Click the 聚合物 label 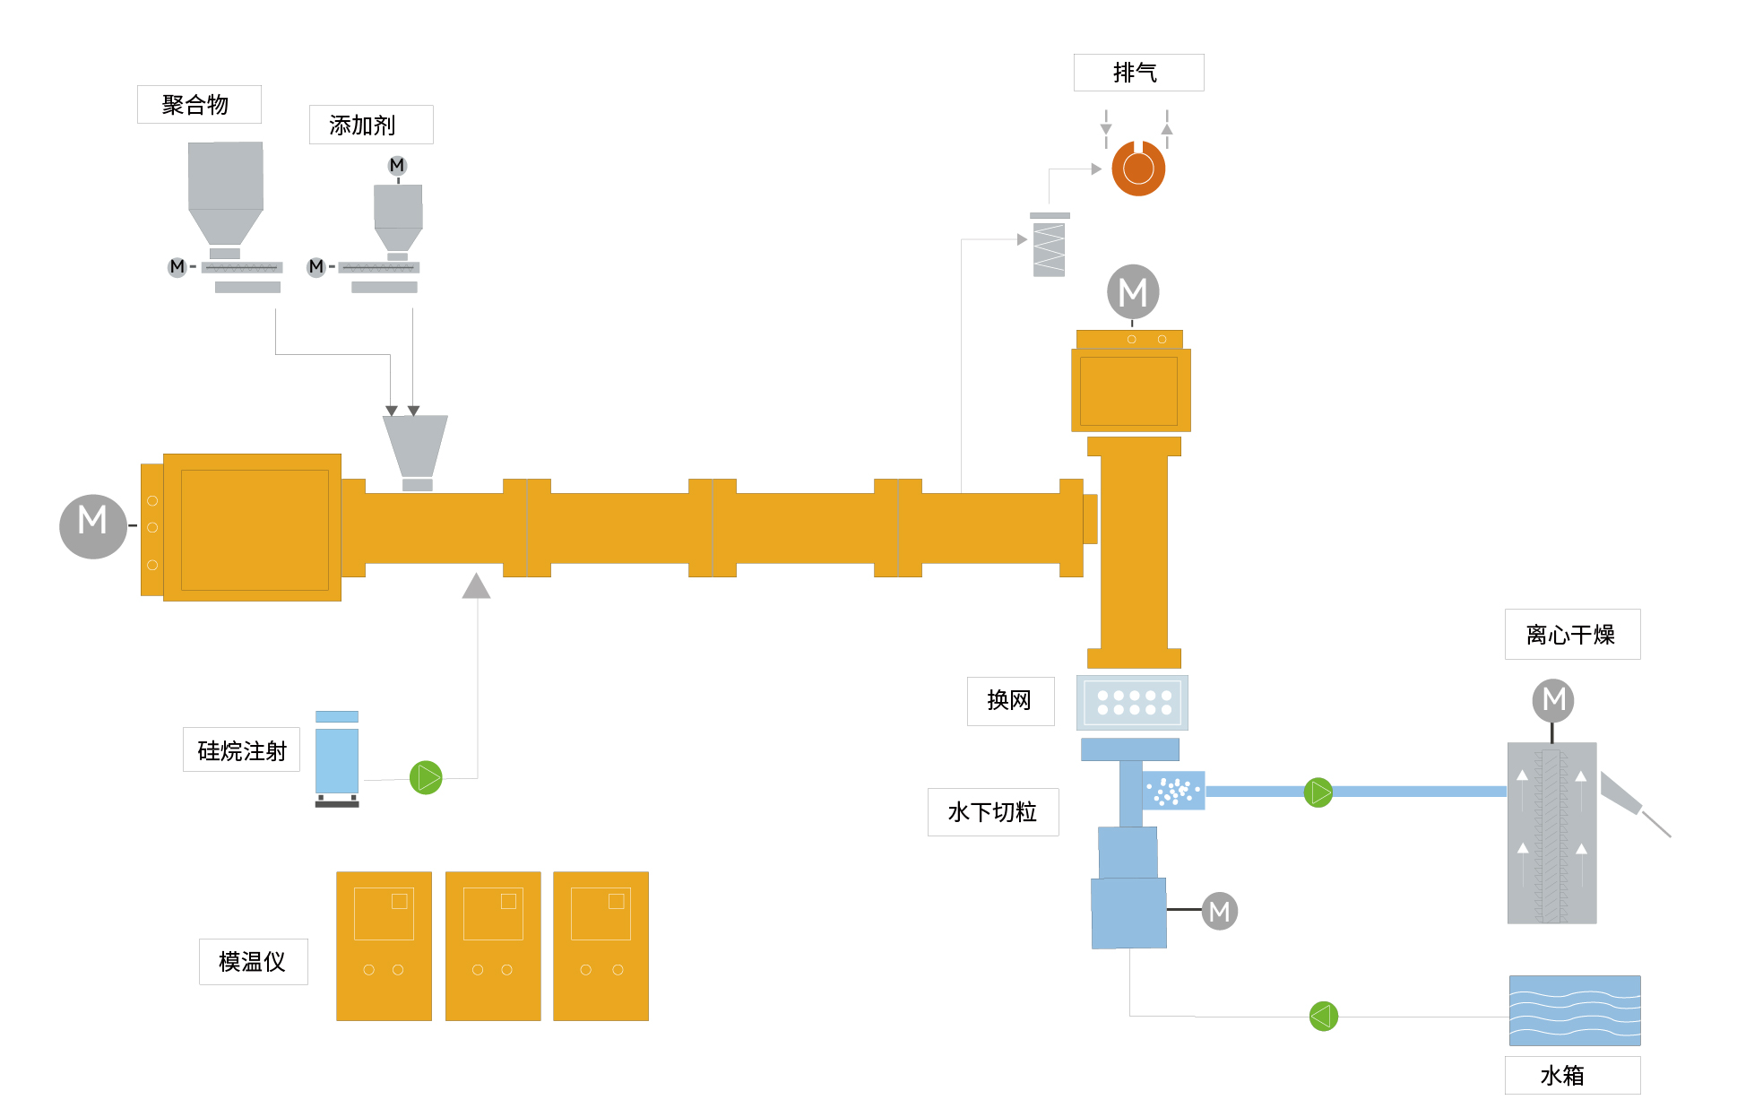pos(198,105)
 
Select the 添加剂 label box pos(370,125)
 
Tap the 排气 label pos(1137,73)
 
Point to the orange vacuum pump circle pos(1138,169)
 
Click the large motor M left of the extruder pos(92,525)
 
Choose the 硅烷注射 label pos(241,750)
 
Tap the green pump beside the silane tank pos(426,777)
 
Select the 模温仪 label pos(253,962)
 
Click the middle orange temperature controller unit pos(493,946)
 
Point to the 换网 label pos(1010,701)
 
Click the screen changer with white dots pos(1133,703)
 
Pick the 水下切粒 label pos(992,812)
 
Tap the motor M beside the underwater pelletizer pos(1219,911)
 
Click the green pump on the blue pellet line pos(1318,792)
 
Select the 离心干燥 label pos(1571,635)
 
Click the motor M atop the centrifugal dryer pos(1553,699)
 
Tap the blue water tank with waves pos(1574,1010)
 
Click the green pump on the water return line pos(1323,1016)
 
